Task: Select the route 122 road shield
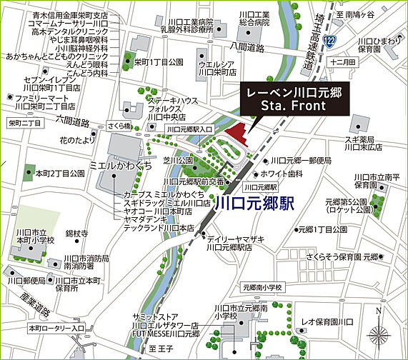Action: click(x=328, y=43)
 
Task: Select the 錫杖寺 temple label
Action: click(x=76, y=234)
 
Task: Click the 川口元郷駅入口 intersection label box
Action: click(x=187, y=129)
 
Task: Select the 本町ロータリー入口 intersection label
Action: click(x=56, y=328)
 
